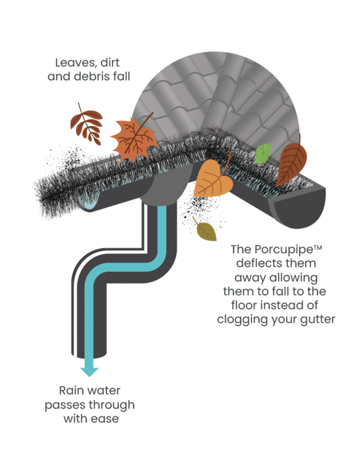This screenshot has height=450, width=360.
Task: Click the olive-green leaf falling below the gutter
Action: pyautogui.click(x=206, y=231)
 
